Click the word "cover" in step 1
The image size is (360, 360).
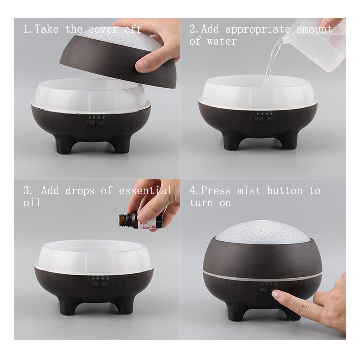pos(103,29)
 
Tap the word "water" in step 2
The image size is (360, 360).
pos(222,42)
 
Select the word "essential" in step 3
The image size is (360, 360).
pos(145,191)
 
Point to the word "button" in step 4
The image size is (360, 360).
pos(285,191)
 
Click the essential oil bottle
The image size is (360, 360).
pos(140,221)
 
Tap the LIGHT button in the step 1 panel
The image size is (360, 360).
pos(91,123)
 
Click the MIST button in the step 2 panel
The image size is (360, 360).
pos(270,119)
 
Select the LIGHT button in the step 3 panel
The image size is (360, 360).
pos(94,284)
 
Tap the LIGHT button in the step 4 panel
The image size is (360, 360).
pos(263,290)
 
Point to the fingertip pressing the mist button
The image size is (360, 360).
pos(276,294)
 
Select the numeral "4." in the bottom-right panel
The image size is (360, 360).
pos(194,191)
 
